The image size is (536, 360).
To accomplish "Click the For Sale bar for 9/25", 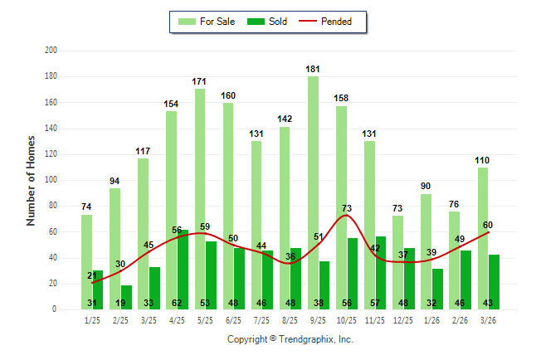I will click(313, 166).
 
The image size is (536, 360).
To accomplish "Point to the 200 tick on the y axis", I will click(51, 51).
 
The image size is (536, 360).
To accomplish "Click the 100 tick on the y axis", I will click(51, 180).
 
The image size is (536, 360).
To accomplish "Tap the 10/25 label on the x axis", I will click(347, 319).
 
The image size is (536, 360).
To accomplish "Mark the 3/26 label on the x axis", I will click(488, 319).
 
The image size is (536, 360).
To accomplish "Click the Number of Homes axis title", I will click(32, 180).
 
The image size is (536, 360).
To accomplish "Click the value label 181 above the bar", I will click(313, 70).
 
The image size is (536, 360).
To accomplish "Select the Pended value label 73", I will click(348, 208).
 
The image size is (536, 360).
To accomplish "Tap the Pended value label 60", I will click(488, 225).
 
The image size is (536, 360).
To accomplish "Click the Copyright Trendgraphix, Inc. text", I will click(290, 339).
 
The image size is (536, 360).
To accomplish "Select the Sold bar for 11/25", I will click(380, 273).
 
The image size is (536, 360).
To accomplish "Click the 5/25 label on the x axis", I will click(205, 319).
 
